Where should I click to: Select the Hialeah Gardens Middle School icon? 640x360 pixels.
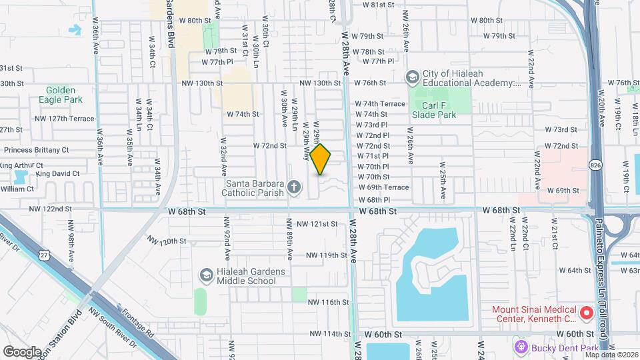(x=206, y=275)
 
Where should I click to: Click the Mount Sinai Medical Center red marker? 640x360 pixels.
(x=587, y=312)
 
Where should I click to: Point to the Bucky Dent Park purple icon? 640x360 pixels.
(x=521, y=347)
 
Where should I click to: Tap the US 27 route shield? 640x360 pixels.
(x=43, y=255)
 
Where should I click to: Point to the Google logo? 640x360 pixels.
(x=22, y=351)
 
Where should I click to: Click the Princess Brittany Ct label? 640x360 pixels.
(x=37, y=151)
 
